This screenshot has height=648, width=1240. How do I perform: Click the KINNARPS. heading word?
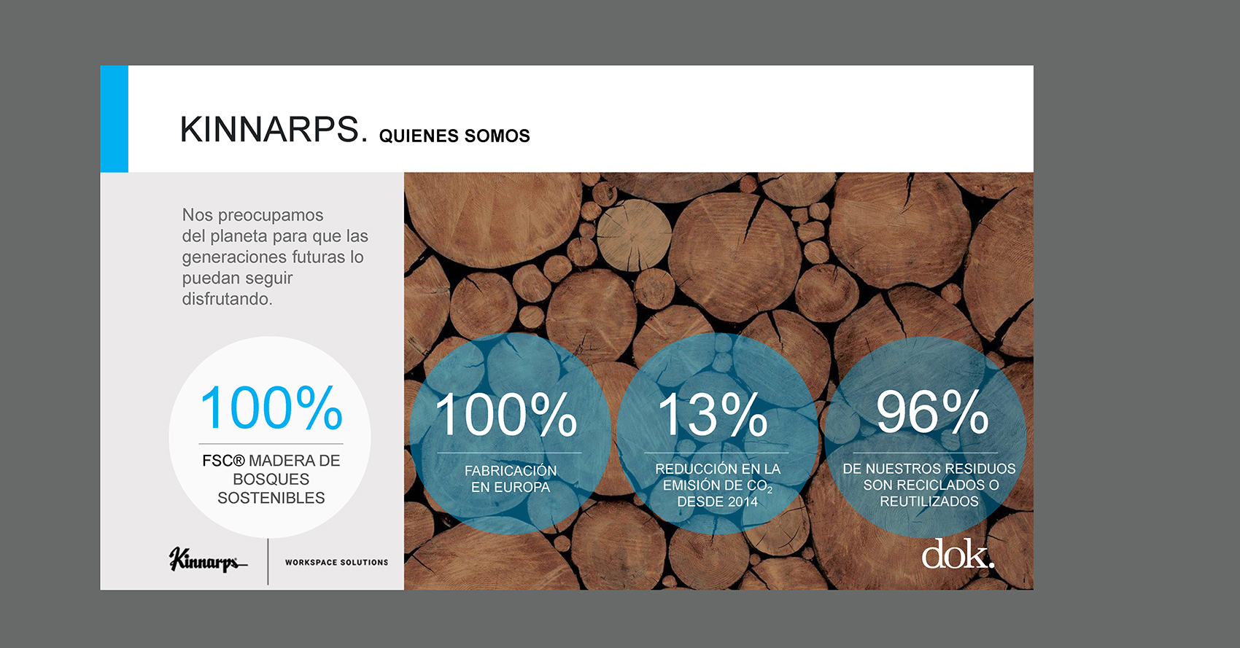(x=274, y=130)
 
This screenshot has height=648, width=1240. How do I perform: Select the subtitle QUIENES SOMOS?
(x=454, y=136)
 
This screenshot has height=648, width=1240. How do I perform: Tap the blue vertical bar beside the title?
(x=114, y=119)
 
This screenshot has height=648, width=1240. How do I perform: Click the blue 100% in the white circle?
(x=271, y=408)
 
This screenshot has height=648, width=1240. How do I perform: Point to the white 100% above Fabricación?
(x=506, y=415)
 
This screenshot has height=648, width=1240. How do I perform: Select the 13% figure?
(x=713, y=415)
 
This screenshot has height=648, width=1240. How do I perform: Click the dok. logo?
(x=958, y=553)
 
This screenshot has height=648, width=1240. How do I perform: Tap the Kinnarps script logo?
(x=208, y=560)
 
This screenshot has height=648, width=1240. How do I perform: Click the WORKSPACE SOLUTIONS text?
(x=336, y=562)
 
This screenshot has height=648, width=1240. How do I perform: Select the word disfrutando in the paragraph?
(x=227, y=300)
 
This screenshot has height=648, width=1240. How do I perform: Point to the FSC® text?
(x=223, y=461)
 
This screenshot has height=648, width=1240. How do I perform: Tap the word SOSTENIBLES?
(x=271, y=498)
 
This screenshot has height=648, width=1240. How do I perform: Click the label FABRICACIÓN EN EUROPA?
(x=511, y=479)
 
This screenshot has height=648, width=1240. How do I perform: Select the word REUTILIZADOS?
(x=929, y=501)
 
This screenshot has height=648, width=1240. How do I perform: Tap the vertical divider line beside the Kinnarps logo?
(x=268, y=561)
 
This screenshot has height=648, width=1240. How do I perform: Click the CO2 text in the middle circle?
(x=759, y=486)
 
